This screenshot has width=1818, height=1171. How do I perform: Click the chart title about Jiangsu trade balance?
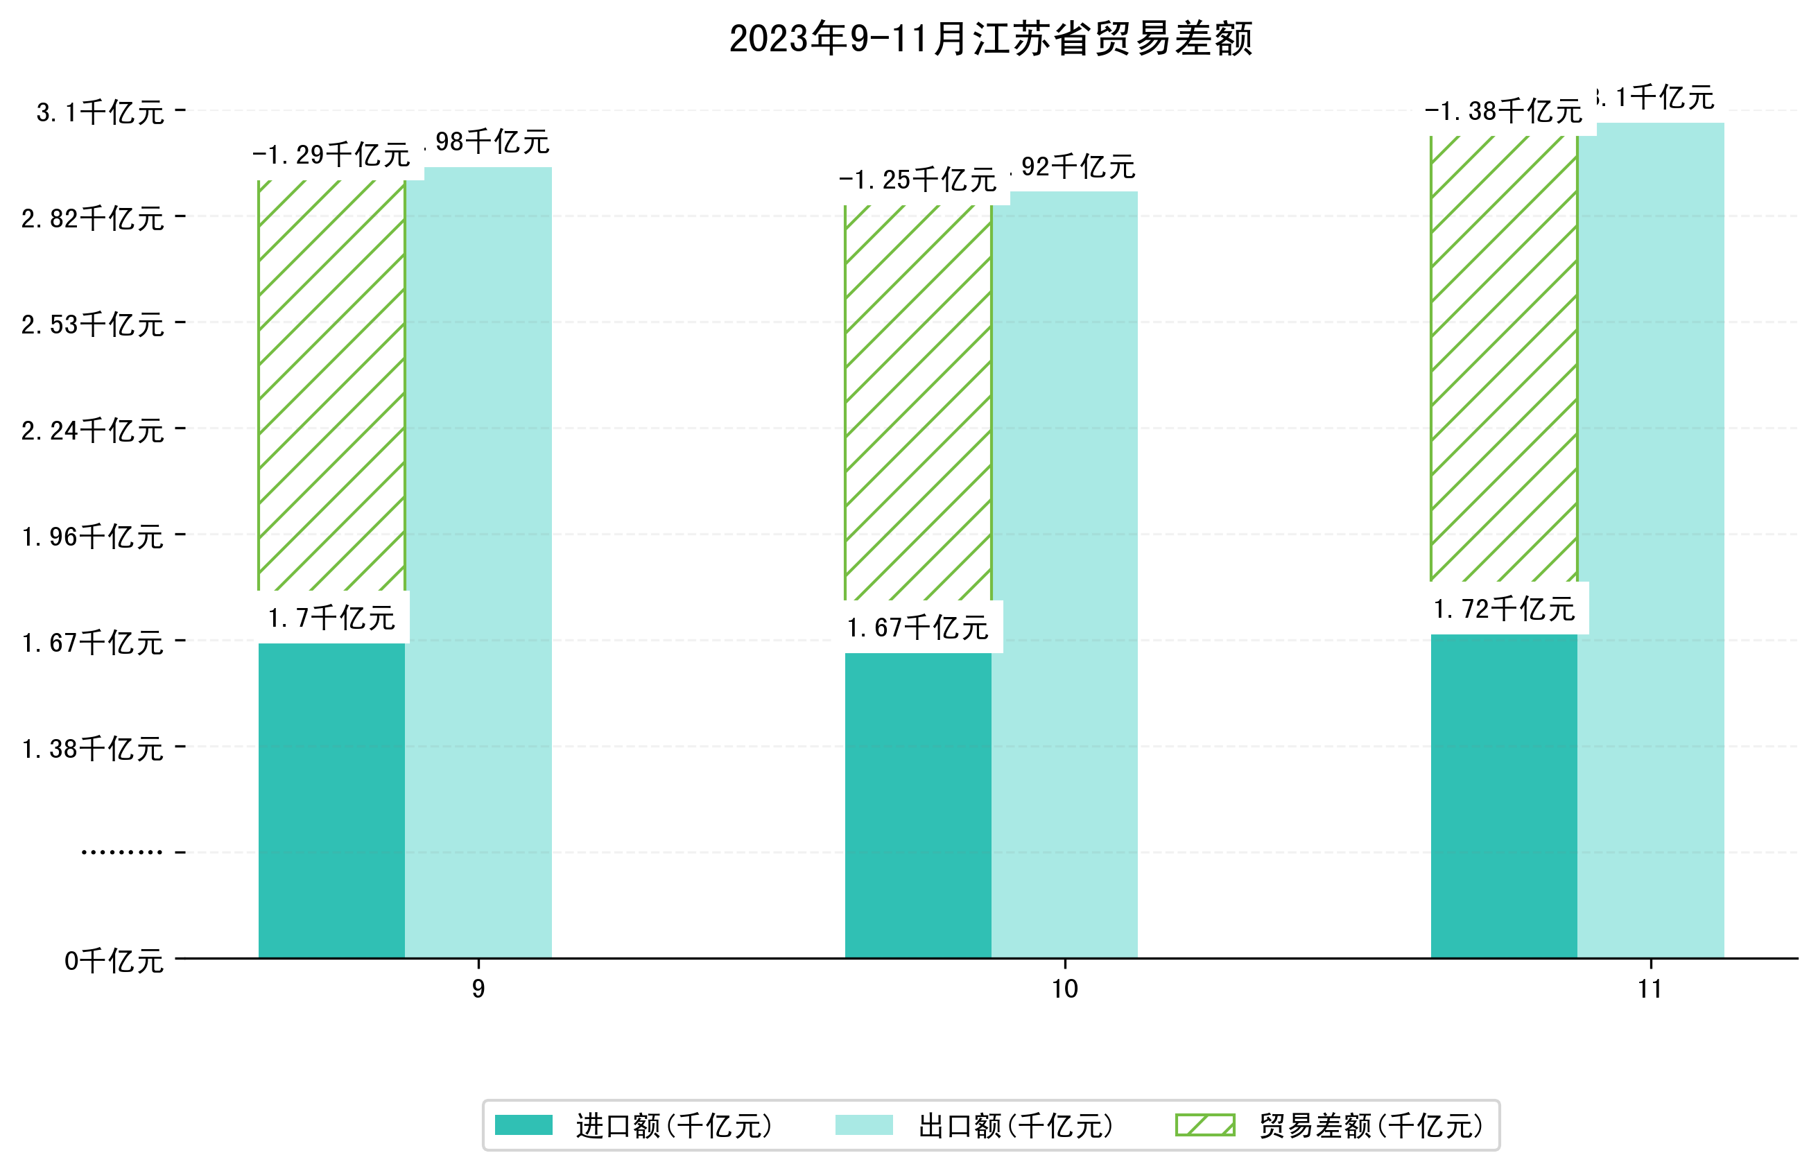[990, 38]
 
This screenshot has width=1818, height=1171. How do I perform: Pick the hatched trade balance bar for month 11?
[1503, 357]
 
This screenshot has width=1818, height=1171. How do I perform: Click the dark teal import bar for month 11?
[1503, 795]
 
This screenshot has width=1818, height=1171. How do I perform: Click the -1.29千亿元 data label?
[331, 155]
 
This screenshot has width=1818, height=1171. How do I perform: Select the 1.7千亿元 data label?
[331, 618]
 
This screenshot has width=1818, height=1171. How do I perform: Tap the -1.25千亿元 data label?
[918, 180]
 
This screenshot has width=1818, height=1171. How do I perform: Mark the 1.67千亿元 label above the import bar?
[918, 627]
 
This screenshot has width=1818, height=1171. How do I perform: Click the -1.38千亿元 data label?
[1503, 112]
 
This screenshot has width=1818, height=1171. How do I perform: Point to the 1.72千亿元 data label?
[1503, 609]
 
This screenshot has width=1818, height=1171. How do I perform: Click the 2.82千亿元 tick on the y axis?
[93, 219]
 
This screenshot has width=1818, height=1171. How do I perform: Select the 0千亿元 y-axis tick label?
[114, 961]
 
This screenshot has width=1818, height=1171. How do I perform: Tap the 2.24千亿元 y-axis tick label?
[93, 431]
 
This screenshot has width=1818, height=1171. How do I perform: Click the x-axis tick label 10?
[1064, 989]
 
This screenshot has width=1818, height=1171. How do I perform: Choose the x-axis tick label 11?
[1650, 989]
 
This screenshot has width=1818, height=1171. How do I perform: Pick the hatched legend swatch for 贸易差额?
[1204, 1125]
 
